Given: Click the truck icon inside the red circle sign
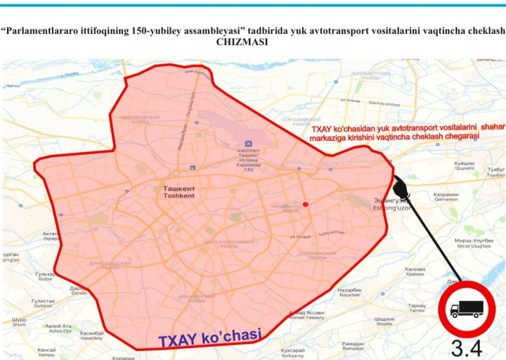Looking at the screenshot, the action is point(467,308).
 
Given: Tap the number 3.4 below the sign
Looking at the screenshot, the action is point(466,347).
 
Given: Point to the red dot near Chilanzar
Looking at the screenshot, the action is point(306,205).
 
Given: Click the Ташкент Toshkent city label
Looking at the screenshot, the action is point(179,192).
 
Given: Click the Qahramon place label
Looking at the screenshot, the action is point(446,196).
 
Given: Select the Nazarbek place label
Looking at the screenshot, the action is point(349,291).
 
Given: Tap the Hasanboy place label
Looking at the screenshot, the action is point(91,335).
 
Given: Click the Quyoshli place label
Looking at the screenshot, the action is point(465,166).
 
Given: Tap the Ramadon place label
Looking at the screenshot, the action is point(352,345).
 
